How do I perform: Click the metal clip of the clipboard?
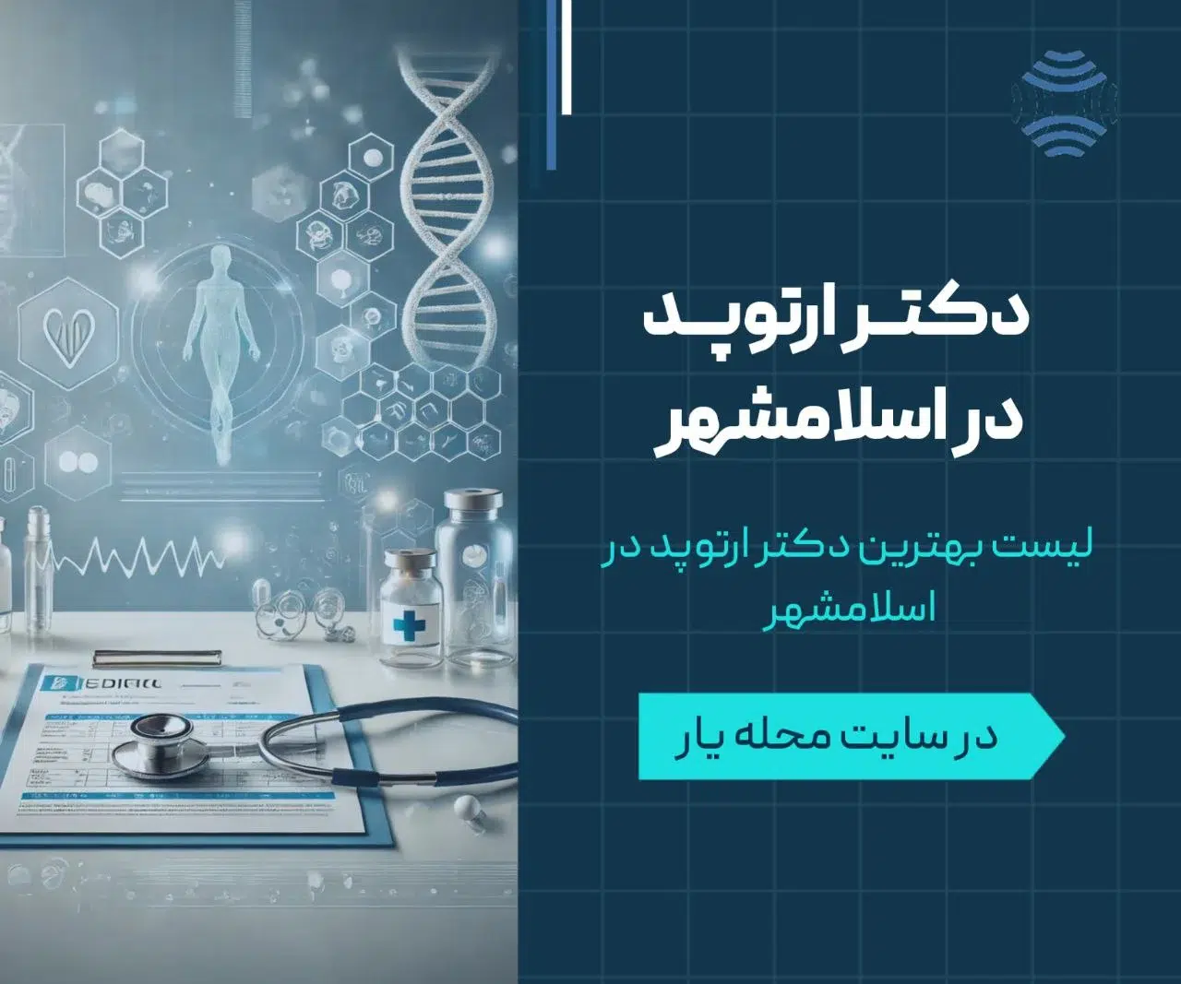click(x=157, y=658)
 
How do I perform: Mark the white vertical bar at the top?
click(x=566, y=55)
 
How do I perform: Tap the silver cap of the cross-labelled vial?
click(x=408, y=559)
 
